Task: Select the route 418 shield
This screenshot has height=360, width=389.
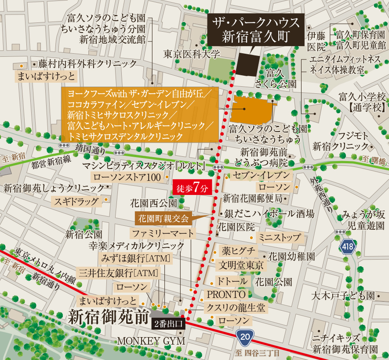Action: coord(348,247)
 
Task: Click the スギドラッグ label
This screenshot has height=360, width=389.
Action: coord(76,202)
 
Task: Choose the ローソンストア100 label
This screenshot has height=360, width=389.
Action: coord(127,177)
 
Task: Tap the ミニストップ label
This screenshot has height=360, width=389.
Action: coord(280,238)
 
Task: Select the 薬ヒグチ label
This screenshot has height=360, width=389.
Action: coord(238,251)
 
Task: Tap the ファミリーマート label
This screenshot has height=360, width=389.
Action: coord(161,233)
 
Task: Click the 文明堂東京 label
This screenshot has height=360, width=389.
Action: coord(241,265)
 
